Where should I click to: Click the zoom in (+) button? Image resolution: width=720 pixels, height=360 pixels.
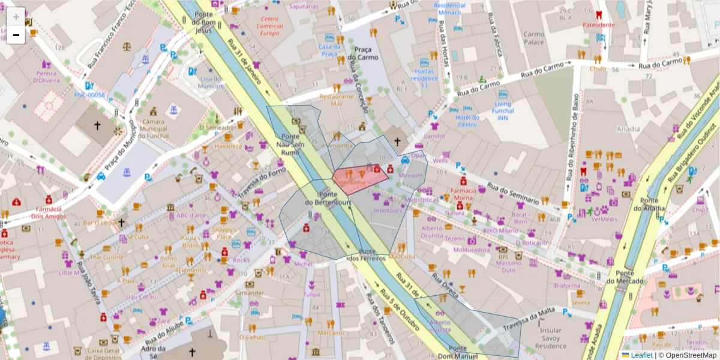[16, 17]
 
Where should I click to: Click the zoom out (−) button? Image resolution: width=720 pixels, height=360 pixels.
[16, 35]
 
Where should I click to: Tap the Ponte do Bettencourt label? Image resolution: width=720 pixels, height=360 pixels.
[328, 199]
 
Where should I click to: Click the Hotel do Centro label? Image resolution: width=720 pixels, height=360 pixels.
[467, 121]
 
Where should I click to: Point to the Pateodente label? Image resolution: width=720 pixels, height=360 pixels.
[599, 25]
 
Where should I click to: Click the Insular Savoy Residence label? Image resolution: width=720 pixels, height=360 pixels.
[551, 338]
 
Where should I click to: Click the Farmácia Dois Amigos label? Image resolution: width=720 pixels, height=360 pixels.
[48, 212]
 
